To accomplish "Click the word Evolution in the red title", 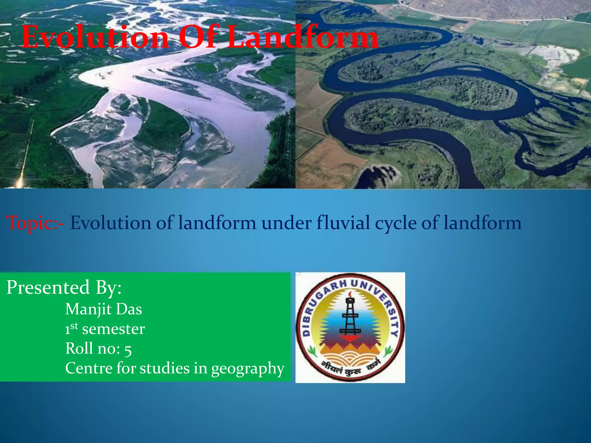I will point(95,37).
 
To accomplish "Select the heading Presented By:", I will point(64,288).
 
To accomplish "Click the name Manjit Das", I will point(104,309).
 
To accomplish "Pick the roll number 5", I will point(128,350).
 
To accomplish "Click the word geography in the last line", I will point(248,369).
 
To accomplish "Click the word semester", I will point(113,329).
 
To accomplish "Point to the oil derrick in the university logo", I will point(350,317).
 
